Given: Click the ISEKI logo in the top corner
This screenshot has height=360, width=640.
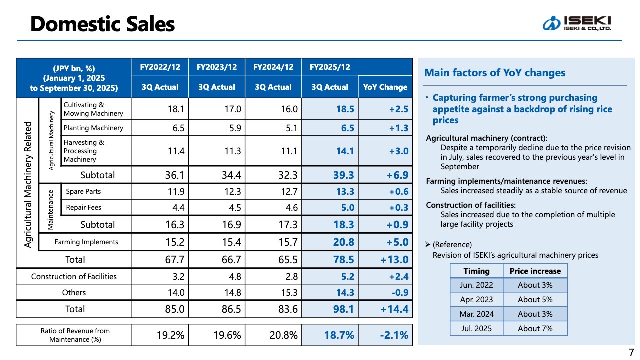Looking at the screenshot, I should point(577,23).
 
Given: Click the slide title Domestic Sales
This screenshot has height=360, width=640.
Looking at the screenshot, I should point(102,24).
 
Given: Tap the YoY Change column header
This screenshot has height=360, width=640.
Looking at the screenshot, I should point(385,87).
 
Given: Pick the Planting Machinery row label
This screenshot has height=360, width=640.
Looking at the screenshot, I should point(93,128).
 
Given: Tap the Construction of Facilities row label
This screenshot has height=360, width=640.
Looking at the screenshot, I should point(74,276).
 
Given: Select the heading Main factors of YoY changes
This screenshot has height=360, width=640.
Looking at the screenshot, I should point(495,73).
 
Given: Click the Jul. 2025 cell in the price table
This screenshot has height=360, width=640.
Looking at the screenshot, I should point(476,328).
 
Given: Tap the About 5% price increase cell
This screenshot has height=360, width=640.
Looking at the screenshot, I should point(535,300).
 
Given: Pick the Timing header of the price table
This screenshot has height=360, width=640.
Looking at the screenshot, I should point(476,271).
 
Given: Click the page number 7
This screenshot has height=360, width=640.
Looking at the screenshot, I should point(630,351).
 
